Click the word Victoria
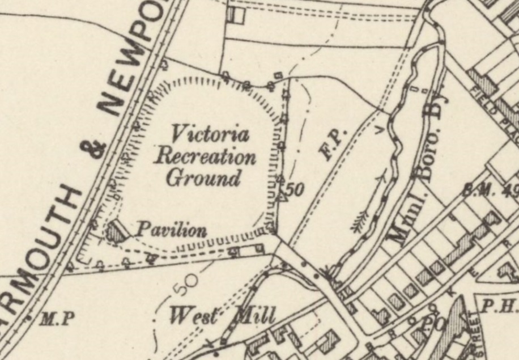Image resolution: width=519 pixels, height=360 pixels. (x=210, y=135)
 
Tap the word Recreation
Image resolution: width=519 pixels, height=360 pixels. (x=205, y=156)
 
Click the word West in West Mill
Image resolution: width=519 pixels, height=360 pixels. (x=194, y=315)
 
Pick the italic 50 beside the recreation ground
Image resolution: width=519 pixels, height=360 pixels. (x=294, y=190)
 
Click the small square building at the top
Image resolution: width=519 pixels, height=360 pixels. (x=236, y=15)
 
